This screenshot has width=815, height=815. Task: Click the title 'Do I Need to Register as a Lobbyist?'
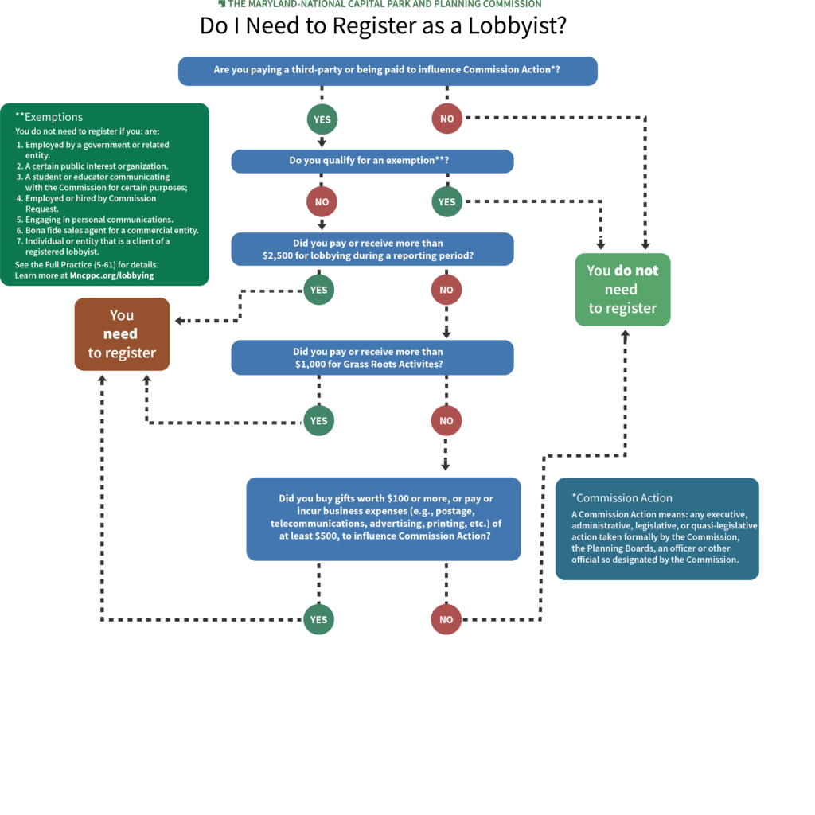(x=383, y=25)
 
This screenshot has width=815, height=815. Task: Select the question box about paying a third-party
(x=387, y=70)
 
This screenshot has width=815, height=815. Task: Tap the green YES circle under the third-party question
(x=322, y=119)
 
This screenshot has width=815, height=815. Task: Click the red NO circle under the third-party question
(x=446, y=119)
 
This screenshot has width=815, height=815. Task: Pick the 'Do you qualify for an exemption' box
(x=372, y=161)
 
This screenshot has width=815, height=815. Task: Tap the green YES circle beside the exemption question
(x=446, y=202)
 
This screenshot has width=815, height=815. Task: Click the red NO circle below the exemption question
(x=322, y=202)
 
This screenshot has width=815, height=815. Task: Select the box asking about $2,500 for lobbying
(x=372, y=249)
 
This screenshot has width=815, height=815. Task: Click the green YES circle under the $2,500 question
(x=318, y=290)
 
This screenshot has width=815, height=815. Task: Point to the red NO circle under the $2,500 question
(x=446, y=290)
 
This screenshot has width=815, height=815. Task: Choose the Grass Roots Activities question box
(x=372, y=357)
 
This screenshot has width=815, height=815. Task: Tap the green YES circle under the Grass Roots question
(x=318, y=420)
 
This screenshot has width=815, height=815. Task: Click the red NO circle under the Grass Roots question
(x=446, y=420)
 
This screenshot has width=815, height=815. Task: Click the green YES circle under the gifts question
(x=318, y=619)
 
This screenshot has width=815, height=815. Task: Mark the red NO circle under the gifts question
(x=446, y=619)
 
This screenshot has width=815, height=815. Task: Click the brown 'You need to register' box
(x=122, y=334)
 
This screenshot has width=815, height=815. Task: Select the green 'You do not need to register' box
(x=622, y=290)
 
